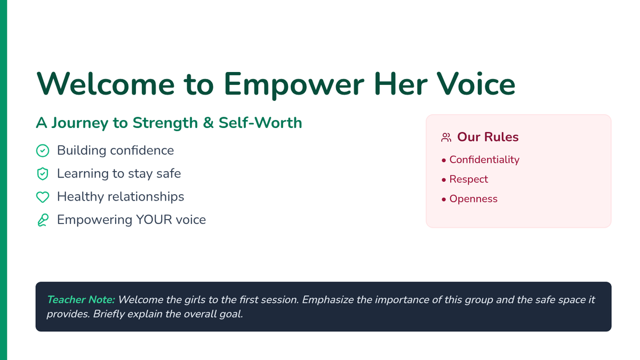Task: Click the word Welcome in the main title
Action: click(x=106, y=84)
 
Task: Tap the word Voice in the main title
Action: click(x=476, y=84)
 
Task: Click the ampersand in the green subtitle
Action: click(x=209, y=123)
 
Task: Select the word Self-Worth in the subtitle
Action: click(x=260, y=123)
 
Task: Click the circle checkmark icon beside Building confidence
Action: click(x=43, y=150)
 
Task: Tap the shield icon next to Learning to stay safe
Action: click(x=43, y=174)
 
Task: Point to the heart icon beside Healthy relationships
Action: click(x=43, y=197)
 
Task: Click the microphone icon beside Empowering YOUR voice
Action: click(x=43, y=220)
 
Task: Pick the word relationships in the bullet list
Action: click(x=146, y=197)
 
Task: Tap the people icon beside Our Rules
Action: click(x=446, y=138)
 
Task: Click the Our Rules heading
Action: click(x=487, y=137)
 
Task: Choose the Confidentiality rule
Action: click(x=484, y=160)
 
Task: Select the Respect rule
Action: click(x=469, y=179)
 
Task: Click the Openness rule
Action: click(x=474, y=199)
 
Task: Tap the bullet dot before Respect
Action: click(x=444, y=180)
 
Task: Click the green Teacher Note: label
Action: click(x=81, y=300)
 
